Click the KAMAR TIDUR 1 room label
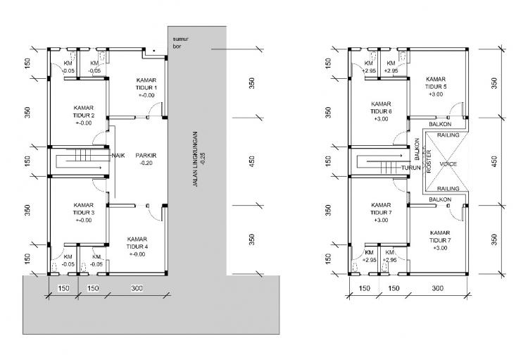(x=146, y=84)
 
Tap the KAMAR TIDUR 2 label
(x=84, y=111)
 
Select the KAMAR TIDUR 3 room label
(x=84, y=209)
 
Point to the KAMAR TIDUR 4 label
(x=137, y=243)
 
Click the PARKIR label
(x=146, y=156)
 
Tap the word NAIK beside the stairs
(x=118, y=156)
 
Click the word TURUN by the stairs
(x=411, y=168)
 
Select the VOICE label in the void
(x=448, y=164)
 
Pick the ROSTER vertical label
(x=429, y=161)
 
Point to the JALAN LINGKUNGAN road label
(x=195, y=159)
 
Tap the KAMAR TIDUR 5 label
(x=436, y=83)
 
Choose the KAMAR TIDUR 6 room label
(x=381, y=108)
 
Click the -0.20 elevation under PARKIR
(x=146, y=163)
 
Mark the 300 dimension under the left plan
(x=137, y=288)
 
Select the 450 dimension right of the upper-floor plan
(x=494, y=161)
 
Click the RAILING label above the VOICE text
(x=448, y=135)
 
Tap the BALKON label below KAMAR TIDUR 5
(x=440, y=125)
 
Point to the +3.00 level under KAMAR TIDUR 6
(x=381, y=119)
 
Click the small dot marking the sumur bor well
(x=154, y=51)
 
